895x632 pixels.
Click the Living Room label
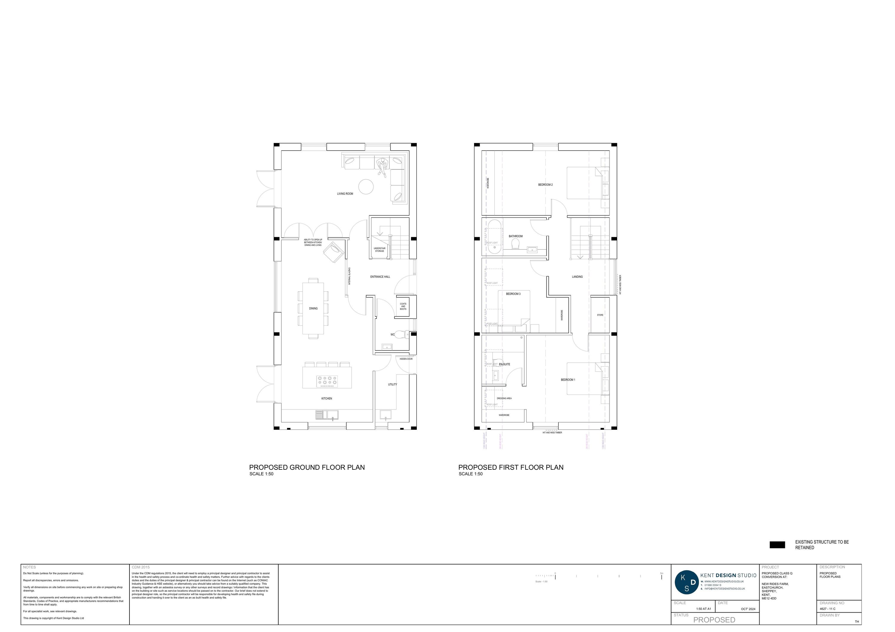[345, 194]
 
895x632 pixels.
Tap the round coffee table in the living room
[366, 187]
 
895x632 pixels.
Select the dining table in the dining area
[313, 308]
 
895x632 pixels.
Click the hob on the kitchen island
[327, 381]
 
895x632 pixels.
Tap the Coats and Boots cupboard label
[403, 306]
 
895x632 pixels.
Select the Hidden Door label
[406, 359]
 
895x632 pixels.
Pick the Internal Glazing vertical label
[349, 276]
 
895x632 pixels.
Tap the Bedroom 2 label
[545, 185]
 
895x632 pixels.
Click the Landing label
[577, 277]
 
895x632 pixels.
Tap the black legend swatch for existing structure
[777, 545]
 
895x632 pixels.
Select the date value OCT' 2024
[748, 609]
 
